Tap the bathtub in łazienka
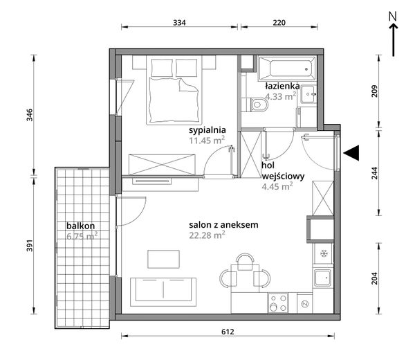tap(287, 69)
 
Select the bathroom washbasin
tap(308, 94)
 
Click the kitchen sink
tap(322, 278)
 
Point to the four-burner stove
tap(277, 303)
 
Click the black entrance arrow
tap(351, 153)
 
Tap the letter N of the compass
tap(393, 16)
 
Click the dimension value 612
tap(228, 332)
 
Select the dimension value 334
tap(179, 23)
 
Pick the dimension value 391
tap(29, 245)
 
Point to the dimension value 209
tap(375, 91)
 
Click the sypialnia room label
tap(207, 130)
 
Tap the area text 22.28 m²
tap(207, 235)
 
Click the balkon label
tap(80, 226)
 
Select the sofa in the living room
tap(163, 291)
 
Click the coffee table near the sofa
tap(163, 259)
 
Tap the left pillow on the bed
tap(162, 68)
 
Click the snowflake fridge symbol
tap(324, 254)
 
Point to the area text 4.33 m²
tap(281, 96)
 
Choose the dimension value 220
tap(279, 23)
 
